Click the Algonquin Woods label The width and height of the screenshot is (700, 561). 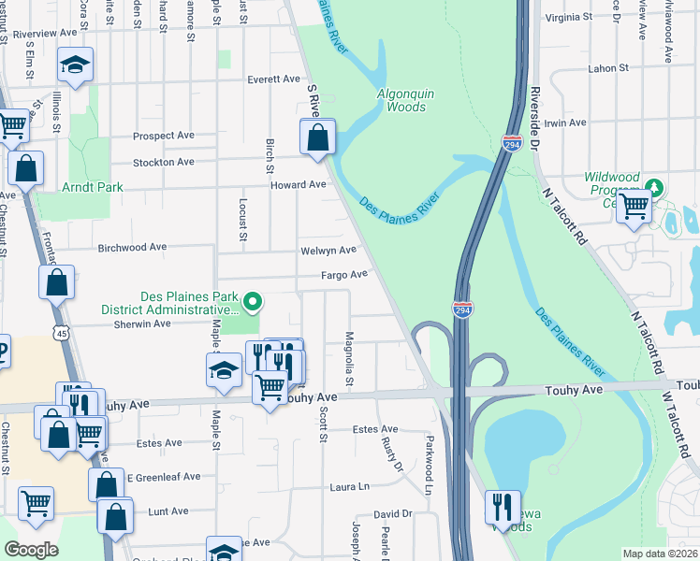(401, 100)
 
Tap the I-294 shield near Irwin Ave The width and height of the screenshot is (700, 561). (512, 144)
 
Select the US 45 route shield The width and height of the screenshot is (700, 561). (61, 332)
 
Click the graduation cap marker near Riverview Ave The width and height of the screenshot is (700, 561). (75, 65)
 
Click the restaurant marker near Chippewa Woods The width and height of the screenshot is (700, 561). (503, 508)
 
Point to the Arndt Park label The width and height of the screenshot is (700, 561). (94, 187)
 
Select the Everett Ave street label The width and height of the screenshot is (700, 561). (273, 80)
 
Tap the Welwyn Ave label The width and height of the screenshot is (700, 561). (328, 251)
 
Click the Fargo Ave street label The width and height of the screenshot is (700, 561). (344, 275)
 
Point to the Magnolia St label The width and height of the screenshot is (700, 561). (349, 358)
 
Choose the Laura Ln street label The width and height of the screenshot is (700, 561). (350, 487)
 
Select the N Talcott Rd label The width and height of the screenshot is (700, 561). (569, 225)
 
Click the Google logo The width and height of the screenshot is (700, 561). (31, 550)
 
